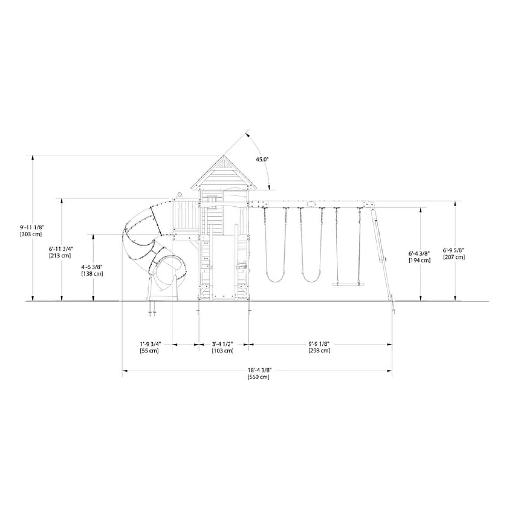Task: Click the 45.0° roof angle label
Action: (x=262, y=159)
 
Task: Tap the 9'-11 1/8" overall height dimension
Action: (x=32, y=227)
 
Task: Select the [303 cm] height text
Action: (x=31, y=234)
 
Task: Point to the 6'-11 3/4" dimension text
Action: (x=61, y=249)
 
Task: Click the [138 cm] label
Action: (x=92, y=274)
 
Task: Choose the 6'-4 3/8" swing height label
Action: (x=419, y=253)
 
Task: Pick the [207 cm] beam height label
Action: (x=454, y=257)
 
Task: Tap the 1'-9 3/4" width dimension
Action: (x=150, y=344)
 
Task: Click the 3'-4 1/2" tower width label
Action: (x=222, y=344)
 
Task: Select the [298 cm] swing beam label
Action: (x=319, y=351)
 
